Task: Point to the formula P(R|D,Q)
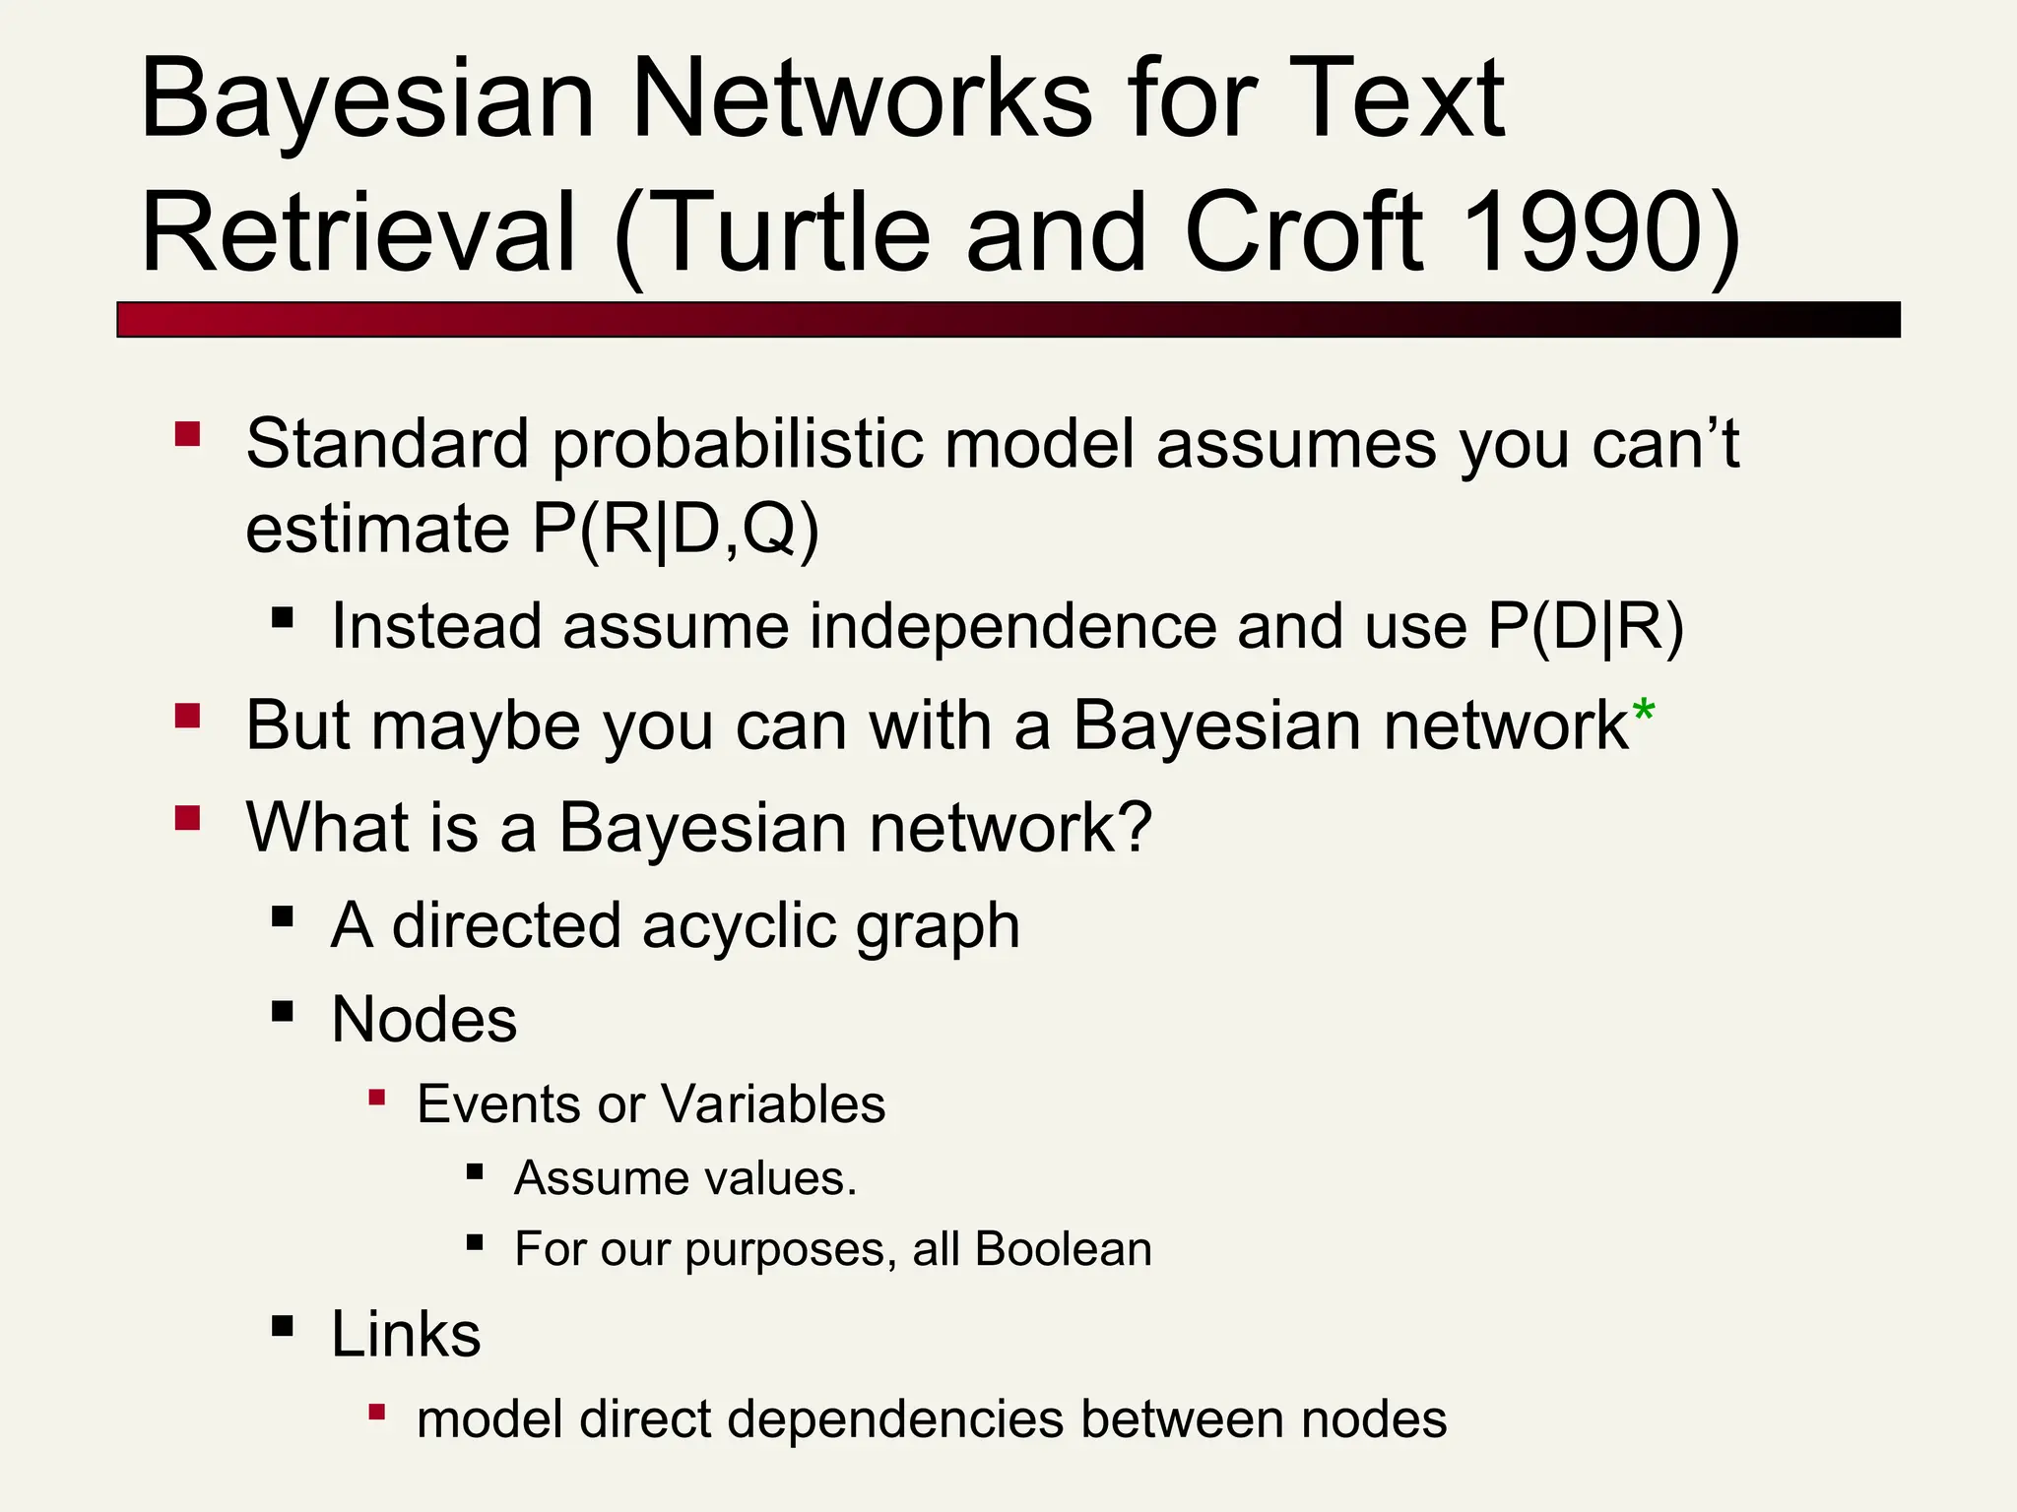pyautogui.click(x=675, y=531)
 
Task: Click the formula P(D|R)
pyautogui.click(x=1586, y=627)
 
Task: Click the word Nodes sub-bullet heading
pyautogui.click(x=424, y=1020)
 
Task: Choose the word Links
pyautogui.click(x=406, y=1336)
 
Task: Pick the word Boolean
pyautogui.click(x=1064, y=1249)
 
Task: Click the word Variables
pyautogui.click(x=774, y=1103)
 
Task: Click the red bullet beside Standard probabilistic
pyautogui.click(x=187, y=434)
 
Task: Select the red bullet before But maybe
pyautogui.click(x=187, y=715)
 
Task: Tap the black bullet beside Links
pyautogui.click(x=283, y=1326)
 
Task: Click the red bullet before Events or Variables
pyautogui.click(x=376, y=1097)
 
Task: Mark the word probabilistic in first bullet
pyautogui.click(x=738, y=445)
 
